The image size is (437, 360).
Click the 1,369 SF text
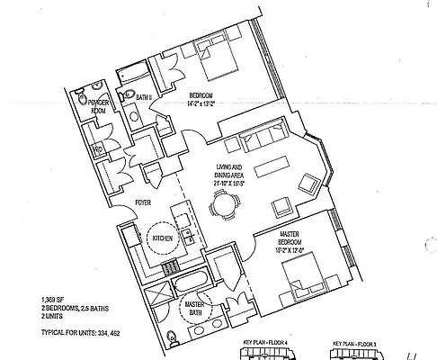tap(52, 298)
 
